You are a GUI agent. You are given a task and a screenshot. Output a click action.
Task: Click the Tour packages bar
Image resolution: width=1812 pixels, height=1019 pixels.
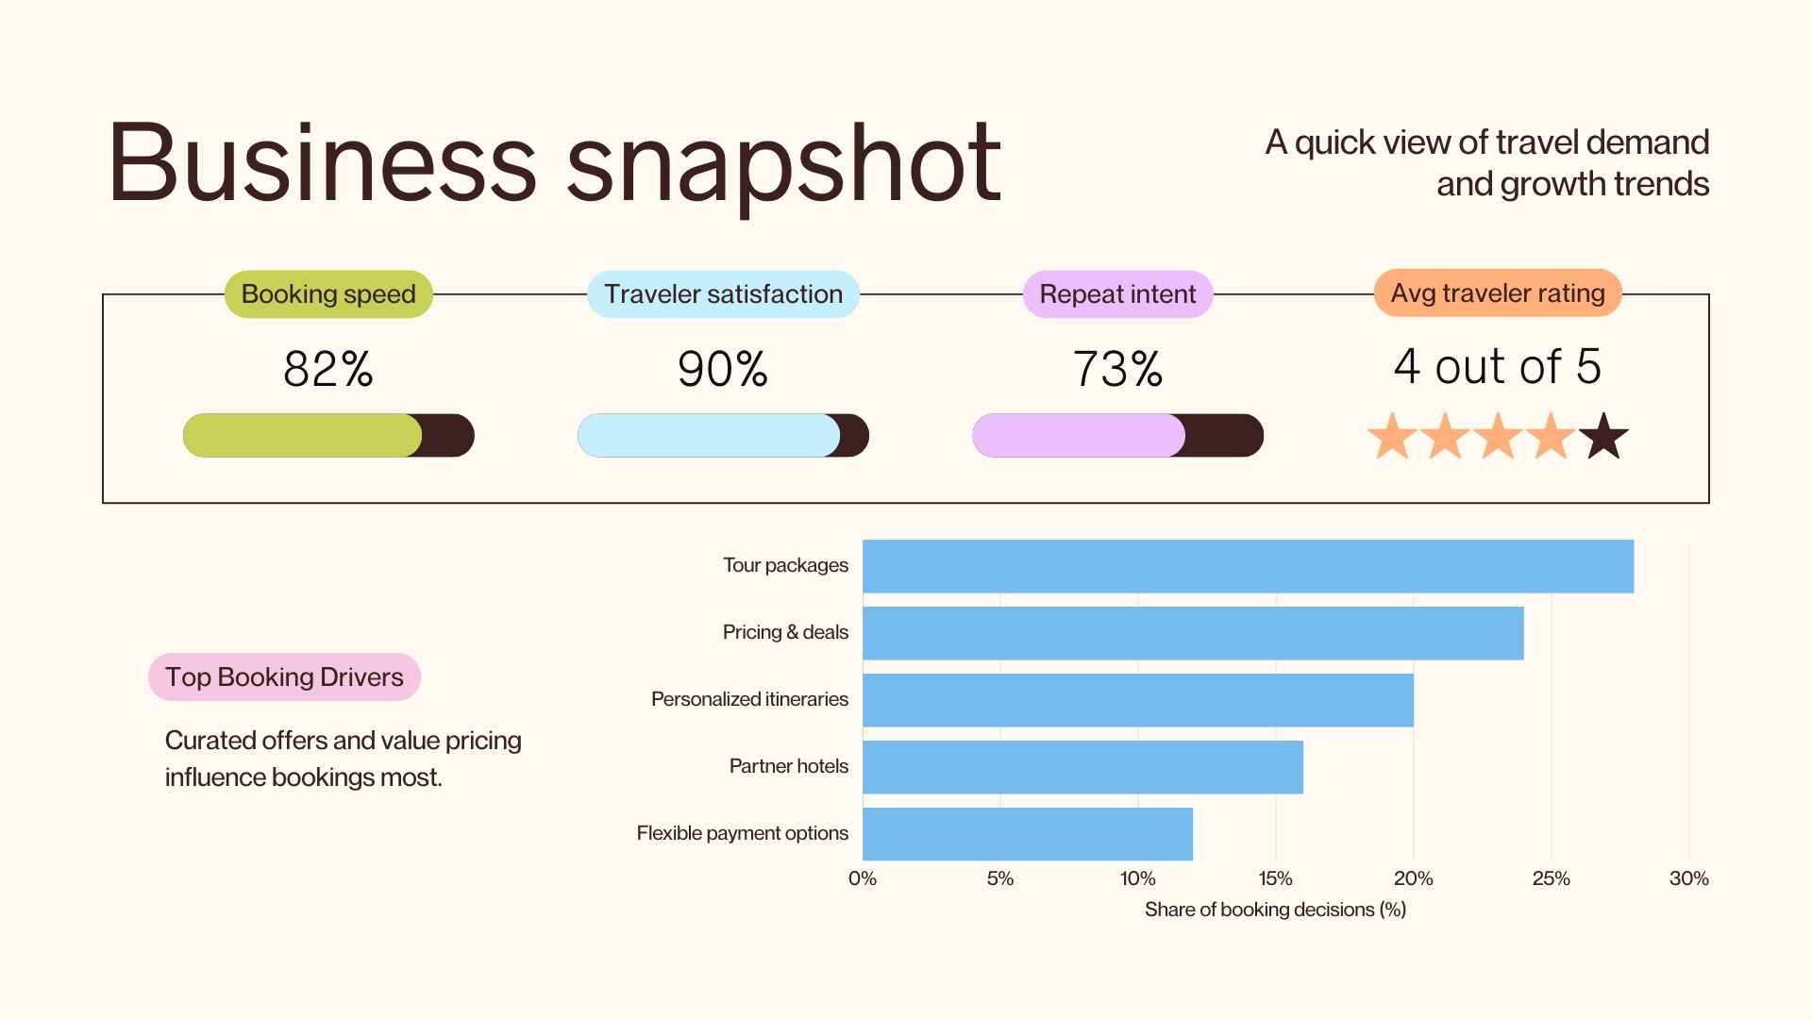tap(1248, 566)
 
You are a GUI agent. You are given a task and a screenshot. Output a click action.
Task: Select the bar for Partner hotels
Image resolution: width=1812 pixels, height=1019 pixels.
tap(1082, 767)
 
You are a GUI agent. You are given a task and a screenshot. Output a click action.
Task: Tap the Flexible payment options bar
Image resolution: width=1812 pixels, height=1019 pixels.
tap(1028, 834)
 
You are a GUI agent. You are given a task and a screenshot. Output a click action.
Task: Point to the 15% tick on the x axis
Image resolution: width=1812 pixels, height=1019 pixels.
tap(1275, 878)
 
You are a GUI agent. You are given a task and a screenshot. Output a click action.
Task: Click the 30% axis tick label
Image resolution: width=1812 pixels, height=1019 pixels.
tap(1688, 878)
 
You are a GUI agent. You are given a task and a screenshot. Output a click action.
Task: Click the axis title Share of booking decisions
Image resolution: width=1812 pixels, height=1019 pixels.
tap(1275, 910)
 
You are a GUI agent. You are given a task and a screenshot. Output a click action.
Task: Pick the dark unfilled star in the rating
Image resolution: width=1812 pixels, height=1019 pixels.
tap(1602, 438)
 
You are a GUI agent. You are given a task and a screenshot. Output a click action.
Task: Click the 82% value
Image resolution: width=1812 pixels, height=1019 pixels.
tap(328, 369)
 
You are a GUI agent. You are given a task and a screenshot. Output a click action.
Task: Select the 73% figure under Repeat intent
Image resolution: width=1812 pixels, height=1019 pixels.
tap(1117, 369)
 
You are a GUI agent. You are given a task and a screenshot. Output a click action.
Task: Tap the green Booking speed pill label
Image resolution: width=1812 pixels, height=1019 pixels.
tap(328, 294)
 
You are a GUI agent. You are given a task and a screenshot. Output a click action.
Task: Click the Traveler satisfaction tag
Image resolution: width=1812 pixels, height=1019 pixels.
tap(723, 294)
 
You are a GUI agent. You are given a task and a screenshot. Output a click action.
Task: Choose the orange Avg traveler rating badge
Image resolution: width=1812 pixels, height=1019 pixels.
tap(1498, 293)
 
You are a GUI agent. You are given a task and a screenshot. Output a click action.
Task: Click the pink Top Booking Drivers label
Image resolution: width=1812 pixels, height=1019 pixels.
tap(284, 677)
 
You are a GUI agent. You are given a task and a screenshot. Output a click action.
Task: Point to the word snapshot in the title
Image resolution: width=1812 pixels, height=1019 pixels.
tap(783, 165)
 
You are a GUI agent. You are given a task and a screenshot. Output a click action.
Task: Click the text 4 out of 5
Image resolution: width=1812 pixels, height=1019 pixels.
tap(1498, 366)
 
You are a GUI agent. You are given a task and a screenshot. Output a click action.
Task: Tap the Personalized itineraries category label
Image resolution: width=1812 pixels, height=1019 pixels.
tap(749, 699)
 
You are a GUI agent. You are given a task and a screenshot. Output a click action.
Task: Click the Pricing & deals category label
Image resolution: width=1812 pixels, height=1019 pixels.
tap(785, 632)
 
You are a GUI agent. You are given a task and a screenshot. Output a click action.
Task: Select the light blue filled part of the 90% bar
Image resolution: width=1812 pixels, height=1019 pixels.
tap(708, 436)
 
